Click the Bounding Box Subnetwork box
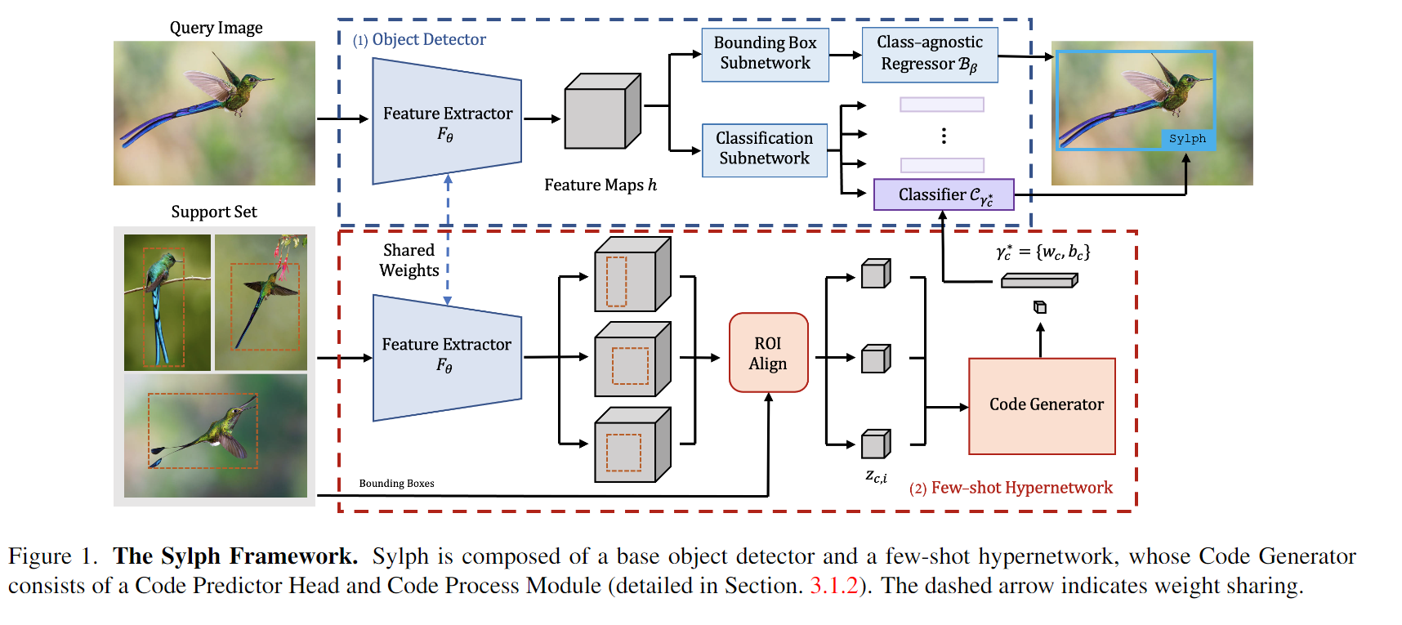coord(765,54)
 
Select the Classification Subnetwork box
coord(764,150)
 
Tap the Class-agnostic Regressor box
coord(930,54)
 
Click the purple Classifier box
coord(944,194)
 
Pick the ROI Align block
coord(768,353)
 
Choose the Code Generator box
coord(1042,405)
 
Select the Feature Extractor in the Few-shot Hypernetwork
coord(447,356)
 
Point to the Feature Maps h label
coord(601,185)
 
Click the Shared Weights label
coord(409,260)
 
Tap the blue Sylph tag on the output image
coord(1187,139)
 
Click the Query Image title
coord(216,28)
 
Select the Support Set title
coord(214,212)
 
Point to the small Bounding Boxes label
coord(396,484)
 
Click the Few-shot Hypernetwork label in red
coord(1021,488)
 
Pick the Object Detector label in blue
coord(428,39)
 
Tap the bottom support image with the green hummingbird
coord(216,435)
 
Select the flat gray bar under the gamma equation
coord(1039,281)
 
